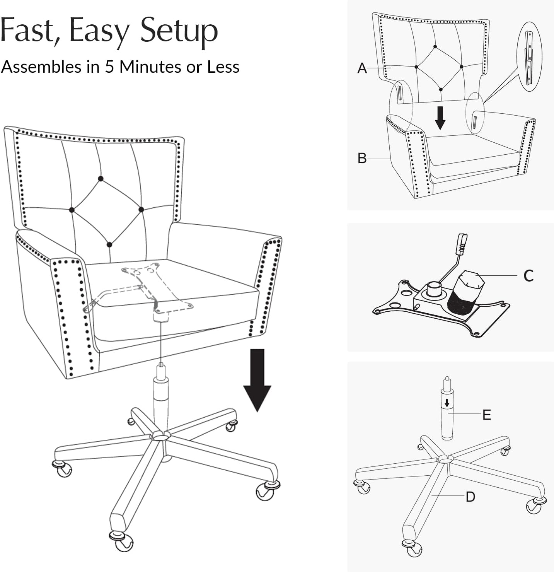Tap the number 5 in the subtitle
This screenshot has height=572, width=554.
click(109, 67)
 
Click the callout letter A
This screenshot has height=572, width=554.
click(362, 68)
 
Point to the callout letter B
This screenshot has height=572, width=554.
click(362, 158)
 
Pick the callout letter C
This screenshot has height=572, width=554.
click(528, 276)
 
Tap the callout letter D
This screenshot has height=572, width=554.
click(470, 497)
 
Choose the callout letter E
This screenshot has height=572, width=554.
click(487, 415)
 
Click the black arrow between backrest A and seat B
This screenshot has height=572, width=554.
click(440, 118)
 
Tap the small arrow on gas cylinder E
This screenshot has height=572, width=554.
click(447, 402)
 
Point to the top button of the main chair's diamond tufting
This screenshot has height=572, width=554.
click(101, 178)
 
